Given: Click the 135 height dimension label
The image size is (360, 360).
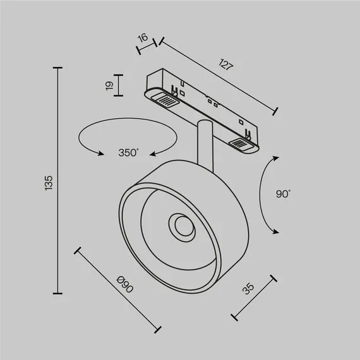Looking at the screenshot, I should tap(50, 182).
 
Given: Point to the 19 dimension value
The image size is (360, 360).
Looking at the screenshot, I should tap(109, 85).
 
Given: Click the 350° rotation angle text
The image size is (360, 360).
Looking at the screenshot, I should tap(128, 152).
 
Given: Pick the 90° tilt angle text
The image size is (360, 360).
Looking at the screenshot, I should tap(282, 195).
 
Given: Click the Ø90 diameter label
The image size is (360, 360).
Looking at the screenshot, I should tap(126, 285).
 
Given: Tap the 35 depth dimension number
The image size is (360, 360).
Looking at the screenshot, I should tap(248, 289).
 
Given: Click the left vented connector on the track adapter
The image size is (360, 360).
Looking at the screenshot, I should tap(166, 99).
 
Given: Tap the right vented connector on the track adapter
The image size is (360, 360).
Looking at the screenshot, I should tap(241, 145).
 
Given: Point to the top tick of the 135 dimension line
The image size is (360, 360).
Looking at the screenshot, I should tap(58, 68).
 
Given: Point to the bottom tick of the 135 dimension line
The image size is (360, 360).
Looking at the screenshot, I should tap(58, 293).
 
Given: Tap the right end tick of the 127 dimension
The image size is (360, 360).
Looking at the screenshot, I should tap(275, 112).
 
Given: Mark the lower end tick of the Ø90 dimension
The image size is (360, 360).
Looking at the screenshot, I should tap(158, 329).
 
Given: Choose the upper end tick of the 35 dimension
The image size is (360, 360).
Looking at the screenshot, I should tap(273, 277).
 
